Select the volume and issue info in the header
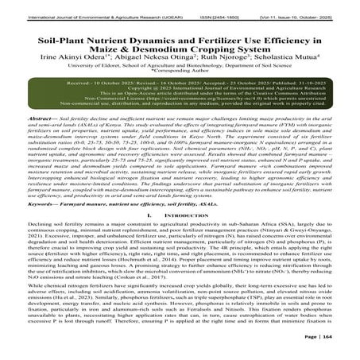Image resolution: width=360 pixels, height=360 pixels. (x=313, y=6)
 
